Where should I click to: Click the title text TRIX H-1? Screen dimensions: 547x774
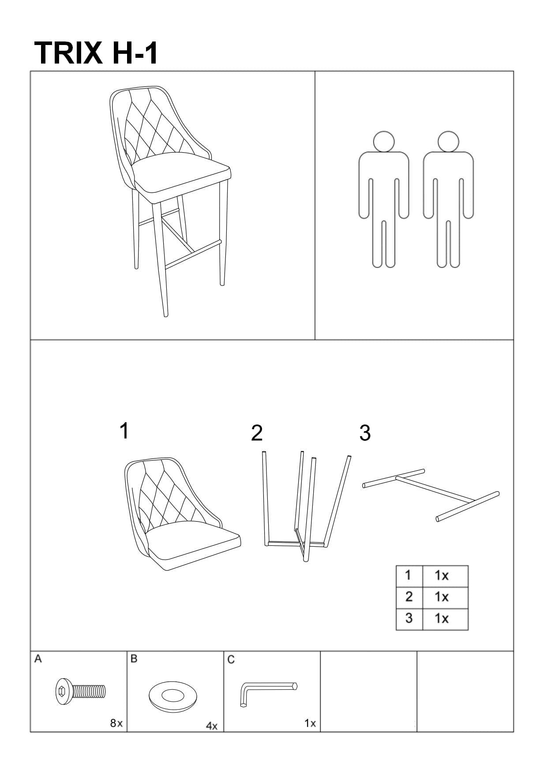pos(95,53)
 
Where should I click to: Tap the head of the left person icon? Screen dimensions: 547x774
pos(383,142)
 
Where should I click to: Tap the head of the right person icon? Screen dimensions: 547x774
pos(448,142)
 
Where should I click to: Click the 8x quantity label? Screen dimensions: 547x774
pos(116,723)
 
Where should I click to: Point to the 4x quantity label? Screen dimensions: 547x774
pos(212,725)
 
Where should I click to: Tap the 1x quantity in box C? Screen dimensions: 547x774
pos(310,723)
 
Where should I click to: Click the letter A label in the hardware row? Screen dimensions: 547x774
pos(38,659)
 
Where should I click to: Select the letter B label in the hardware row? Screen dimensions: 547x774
pos(134,659)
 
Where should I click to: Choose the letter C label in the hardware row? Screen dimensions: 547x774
pos(231,660)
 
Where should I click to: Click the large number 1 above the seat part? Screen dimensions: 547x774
pos(124,430)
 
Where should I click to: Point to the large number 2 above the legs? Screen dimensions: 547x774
pos(257,433)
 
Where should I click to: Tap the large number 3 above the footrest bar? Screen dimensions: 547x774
pos(365,433)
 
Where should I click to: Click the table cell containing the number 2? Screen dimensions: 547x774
pos(409,597)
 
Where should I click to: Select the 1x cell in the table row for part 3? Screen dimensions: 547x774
pos(445,619)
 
